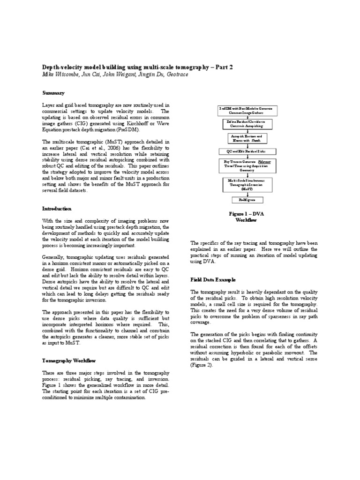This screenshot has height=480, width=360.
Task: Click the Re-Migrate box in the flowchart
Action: click(x=247, y=200)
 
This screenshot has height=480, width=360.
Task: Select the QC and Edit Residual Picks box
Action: click(x=247, y=152)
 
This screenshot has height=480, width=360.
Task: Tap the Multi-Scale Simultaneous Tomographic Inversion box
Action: click(x=247, y=184)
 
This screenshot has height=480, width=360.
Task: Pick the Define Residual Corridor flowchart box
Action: click(x=247, y=124)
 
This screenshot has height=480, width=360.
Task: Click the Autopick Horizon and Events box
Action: click(x=247, y=138)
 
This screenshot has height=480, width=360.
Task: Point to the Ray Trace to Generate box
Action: click(x=247, y=166)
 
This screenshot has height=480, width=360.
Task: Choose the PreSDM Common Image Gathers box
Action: click(x=247, y=111)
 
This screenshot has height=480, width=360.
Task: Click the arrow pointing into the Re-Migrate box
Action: click(x=247, y=194)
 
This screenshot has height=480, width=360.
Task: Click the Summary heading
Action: click(x=53, y=93)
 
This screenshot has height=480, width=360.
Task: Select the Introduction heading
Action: click(x=57, y=209)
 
